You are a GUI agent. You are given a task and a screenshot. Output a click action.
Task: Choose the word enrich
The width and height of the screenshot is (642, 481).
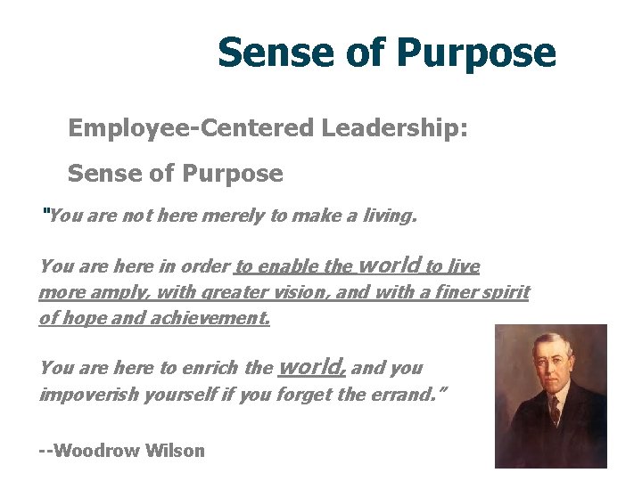[x=211, y=368]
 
